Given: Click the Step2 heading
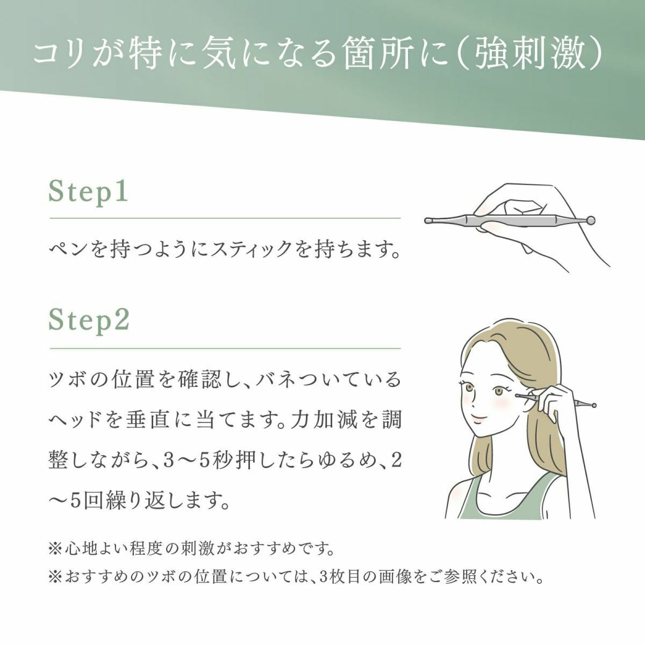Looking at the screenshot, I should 89,321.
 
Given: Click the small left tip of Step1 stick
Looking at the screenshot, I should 428,220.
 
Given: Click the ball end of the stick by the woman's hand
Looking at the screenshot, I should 593,406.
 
